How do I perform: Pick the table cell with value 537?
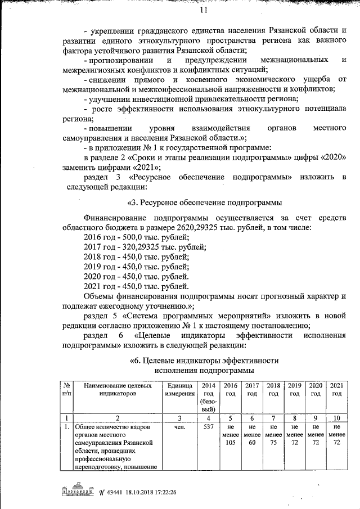[208, 427]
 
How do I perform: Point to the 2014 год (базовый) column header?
[208, 397]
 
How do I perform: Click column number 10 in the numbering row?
[336, 418]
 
